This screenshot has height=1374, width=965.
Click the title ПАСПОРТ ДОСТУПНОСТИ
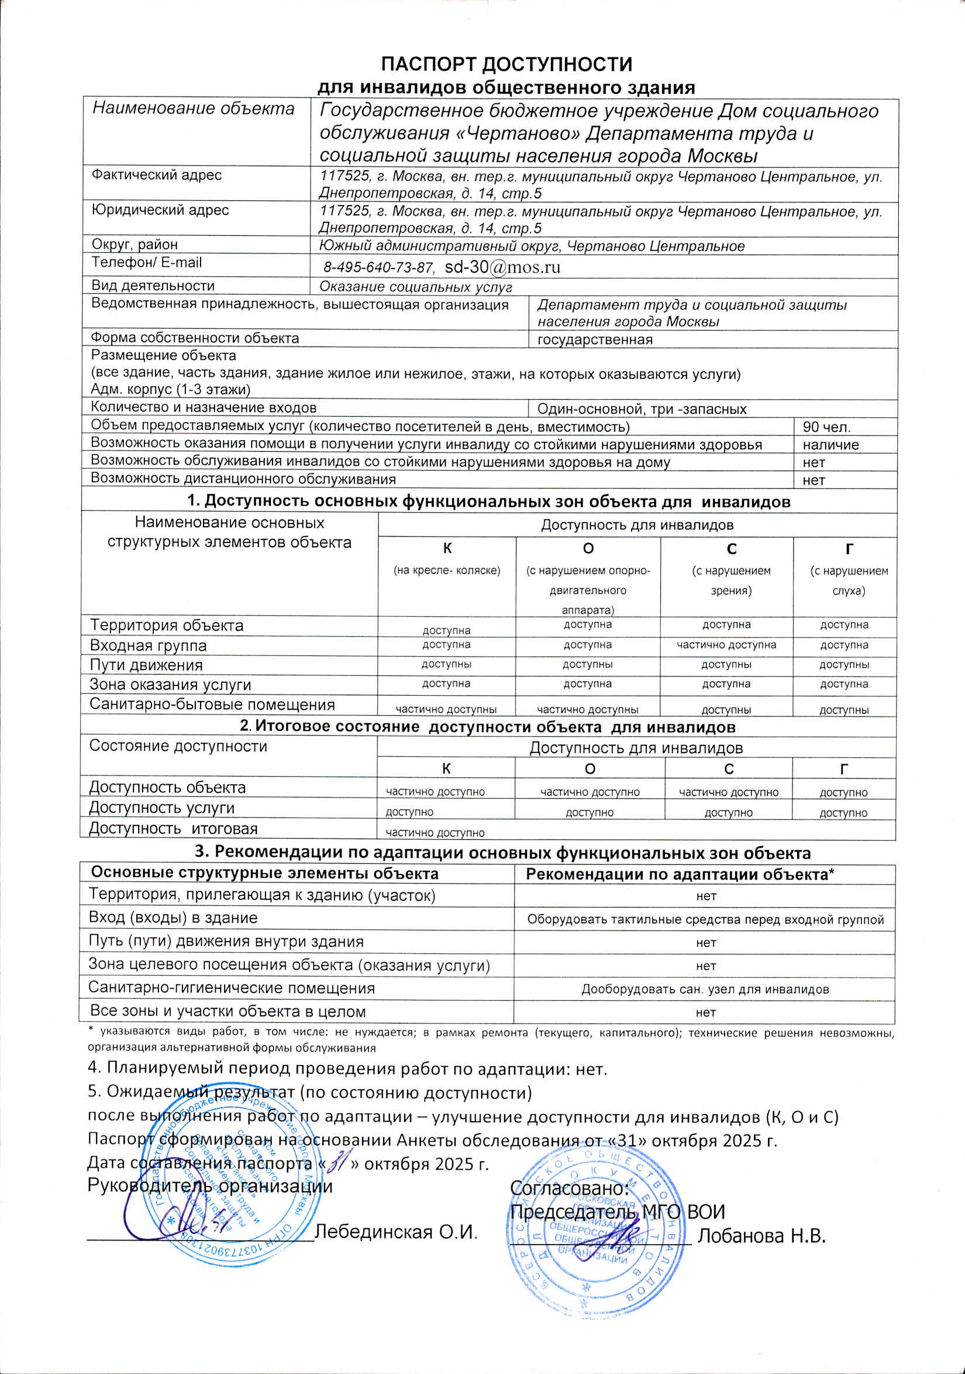(x=506, y=64)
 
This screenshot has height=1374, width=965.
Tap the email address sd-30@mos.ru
(x=502, y=267)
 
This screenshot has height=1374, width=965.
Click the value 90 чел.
(x=826, y=427)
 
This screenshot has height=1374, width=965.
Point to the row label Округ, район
(x=134, y=245)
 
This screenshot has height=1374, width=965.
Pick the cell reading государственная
(x=594, y=340)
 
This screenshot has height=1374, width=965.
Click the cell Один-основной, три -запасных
(x=642, y=409)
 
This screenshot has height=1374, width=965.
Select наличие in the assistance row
(x=830, y=445)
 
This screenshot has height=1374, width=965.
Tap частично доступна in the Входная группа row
(x=726, y=645)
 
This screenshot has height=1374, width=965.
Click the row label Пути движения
(x=146, y=665)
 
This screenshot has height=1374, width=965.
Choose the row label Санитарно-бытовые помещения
(x=212, y=705)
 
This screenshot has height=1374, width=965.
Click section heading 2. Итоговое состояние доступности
(x=488, y=727)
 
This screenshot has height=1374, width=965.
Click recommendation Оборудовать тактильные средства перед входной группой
(x=705, y=920)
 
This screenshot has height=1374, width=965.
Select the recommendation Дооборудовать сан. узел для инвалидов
(x=705, y=989)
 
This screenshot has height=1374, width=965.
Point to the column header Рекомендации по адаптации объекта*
(x=680, y=874)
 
